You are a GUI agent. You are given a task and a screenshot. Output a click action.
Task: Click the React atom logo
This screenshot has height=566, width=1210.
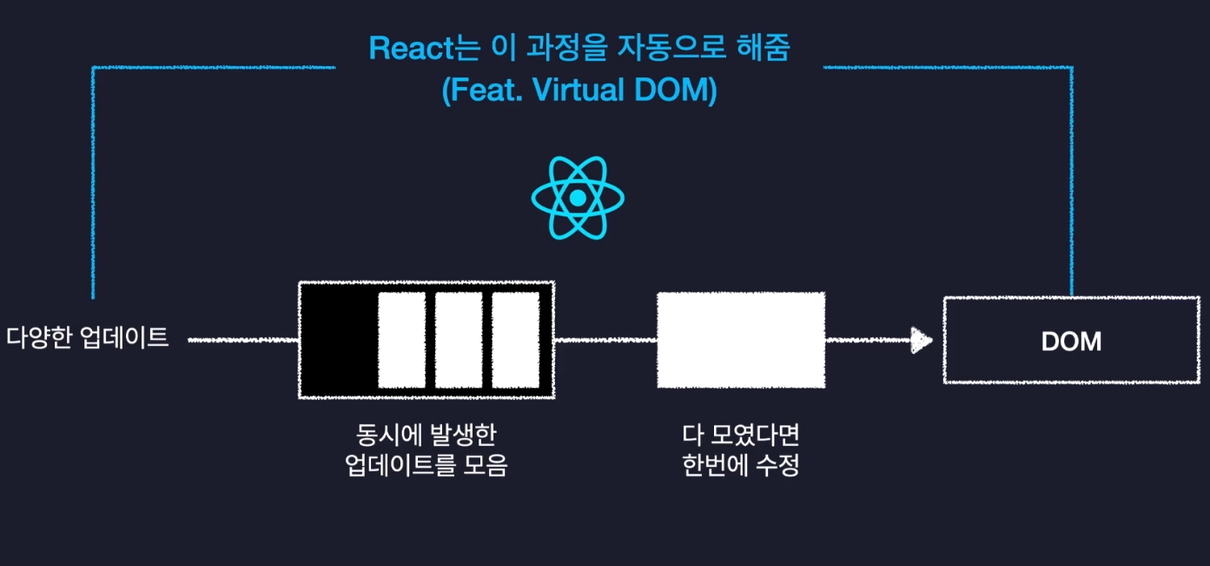(x=578, y=198)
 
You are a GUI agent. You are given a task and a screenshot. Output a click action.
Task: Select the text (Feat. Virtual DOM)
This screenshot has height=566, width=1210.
(x=579, y=90)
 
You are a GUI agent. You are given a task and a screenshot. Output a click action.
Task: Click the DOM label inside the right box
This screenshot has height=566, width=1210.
(x=1071, y=342)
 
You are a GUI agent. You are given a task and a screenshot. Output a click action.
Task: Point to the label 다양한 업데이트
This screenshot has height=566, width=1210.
(x=88, y=338)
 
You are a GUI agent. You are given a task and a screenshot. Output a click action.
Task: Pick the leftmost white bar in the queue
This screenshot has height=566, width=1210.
(x=401, y=340)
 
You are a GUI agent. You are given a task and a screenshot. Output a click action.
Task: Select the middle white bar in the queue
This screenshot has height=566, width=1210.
(x=459, y=340)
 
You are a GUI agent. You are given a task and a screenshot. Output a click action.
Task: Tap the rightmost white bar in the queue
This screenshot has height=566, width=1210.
(x=515, y=340)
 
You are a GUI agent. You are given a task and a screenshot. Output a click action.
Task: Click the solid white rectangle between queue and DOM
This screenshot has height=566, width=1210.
(x=741, y=340)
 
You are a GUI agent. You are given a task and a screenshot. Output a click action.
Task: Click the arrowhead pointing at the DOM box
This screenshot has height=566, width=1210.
(x=921, y=340)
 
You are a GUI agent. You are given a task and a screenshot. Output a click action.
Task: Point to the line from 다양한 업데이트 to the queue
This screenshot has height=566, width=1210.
(x=243, y=340)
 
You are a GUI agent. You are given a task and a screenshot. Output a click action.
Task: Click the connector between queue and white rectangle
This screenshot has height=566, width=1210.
(x=605, y=340)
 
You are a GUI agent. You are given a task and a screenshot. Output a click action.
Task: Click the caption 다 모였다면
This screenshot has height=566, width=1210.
(x=741, y=434)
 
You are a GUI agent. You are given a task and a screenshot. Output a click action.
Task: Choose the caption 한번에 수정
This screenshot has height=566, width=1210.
(x=741, y=466)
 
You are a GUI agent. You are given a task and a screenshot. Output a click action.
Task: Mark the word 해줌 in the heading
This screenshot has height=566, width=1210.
(x=765, y=48)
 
